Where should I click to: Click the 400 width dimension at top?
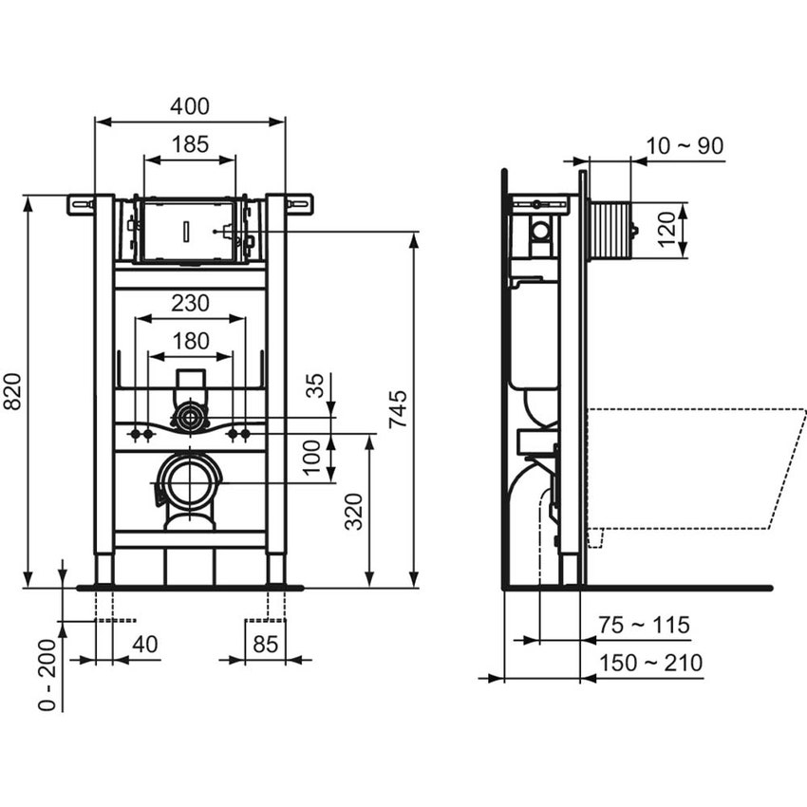tap(191, 106)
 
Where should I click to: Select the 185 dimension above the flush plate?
tap(191, 145)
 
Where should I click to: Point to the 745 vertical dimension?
tap(400, 408)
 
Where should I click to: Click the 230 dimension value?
tap(191, 304)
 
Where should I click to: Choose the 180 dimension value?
tap(191, 340)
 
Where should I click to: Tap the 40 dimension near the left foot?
tap(145, 644)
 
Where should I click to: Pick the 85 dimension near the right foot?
tap(265, 644)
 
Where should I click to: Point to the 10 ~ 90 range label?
tap(685, 145)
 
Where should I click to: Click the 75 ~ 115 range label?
tap(645, 625)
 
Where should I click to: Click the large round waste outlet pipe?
tap(191, 480)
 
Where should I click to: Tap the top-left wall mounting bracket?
tap(81, 203)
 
